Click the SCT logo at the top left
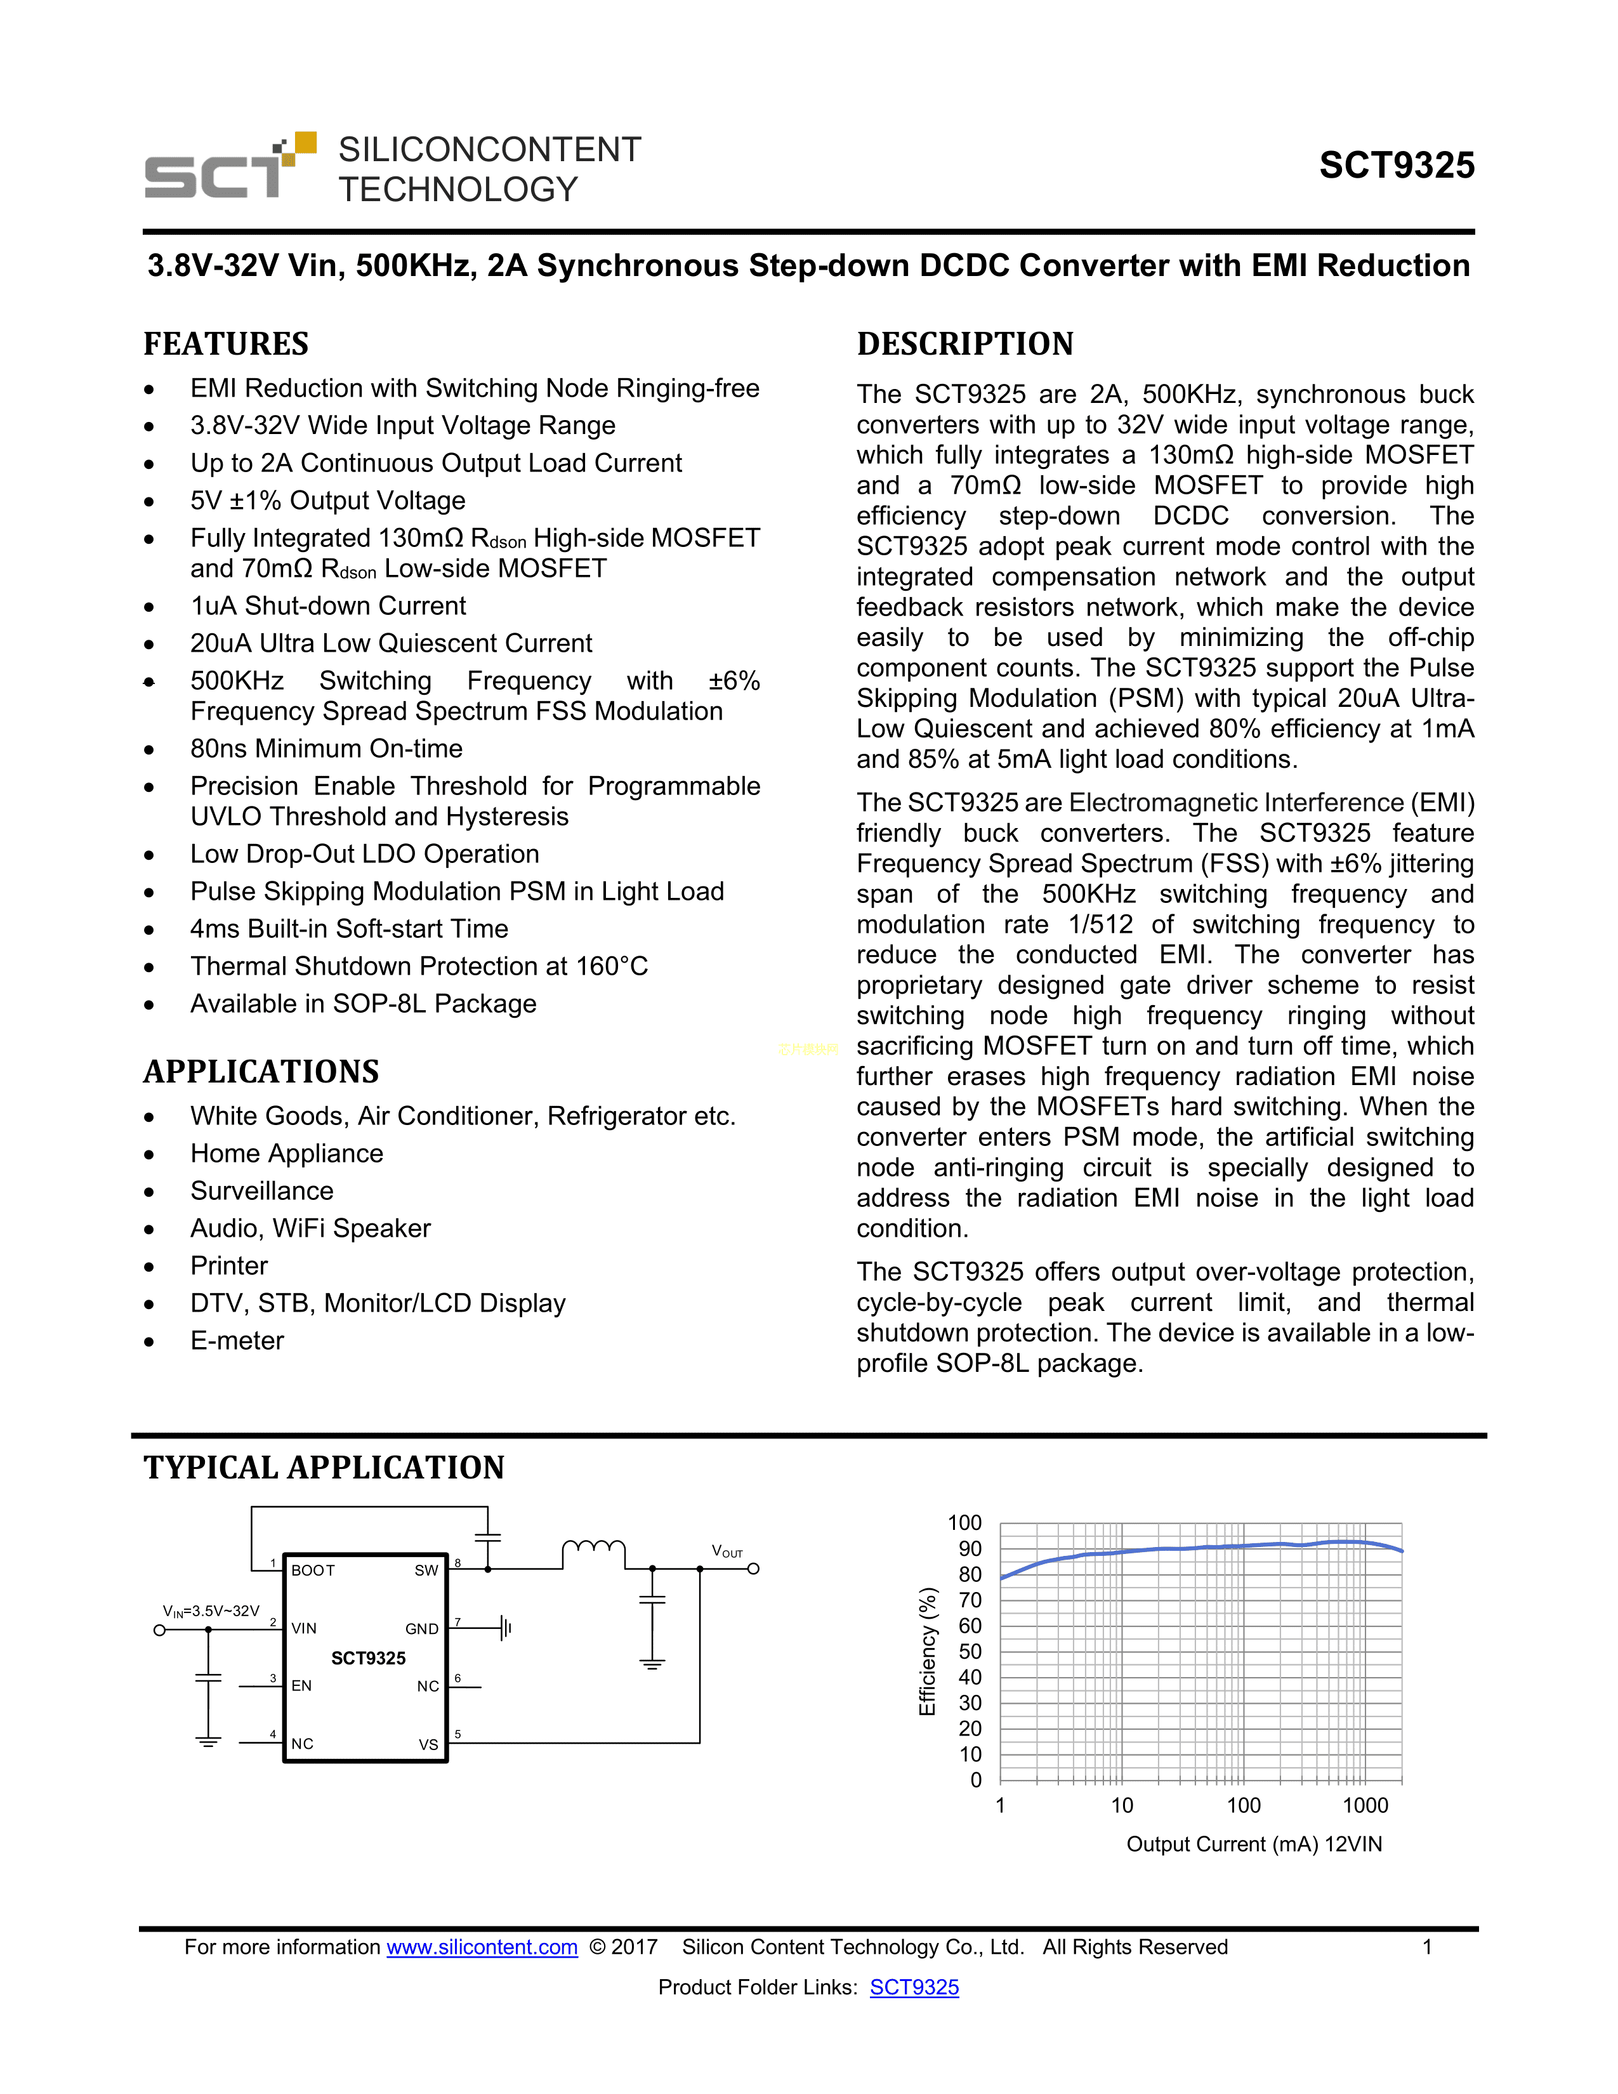[x=230, y=167]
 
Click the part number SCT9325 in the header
[x=1397, y=166]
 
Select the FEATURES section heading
[x=227, y=344]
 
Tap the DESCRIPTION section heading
[x=965, y=344]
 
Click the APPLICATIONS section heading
[x=261, y=1072]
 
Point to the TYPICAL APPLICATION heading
[x=324, y=1468]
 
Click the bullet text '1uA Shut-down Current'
[x=328, y=606]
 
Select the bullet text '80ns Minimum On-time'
[x=326, y=749]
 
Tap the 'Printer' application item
[x=229, y=1267]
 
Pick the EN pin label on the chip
[x=302, y=1685]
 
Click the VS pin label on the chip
[x=428, y=1744]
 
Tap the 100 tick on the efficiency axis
[x=964, y=1522]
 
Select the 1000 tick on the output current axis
[x=1365, y=1805]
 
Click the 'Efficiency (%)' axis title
[x=927, y=1651]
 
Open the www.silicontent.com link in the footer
[x=482, y=1947]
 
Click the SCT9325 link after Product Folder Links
[x=914, y=1987]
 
